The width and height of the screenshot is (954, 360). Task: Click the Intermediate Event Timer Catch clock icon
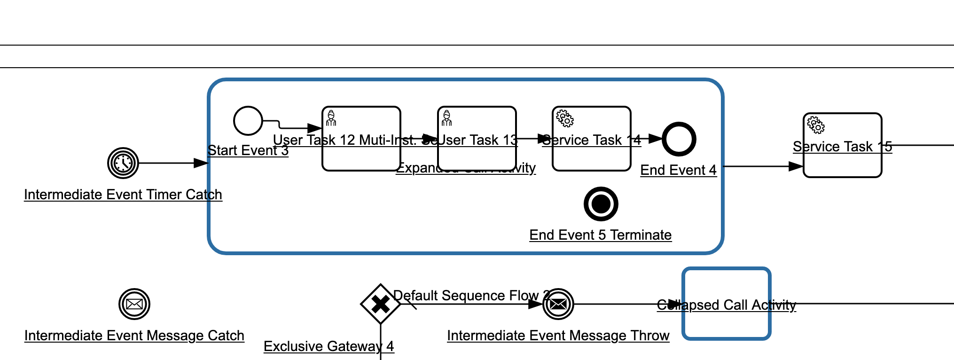[123, 163]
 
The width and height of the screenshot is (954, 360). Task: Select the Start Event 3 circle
[248, 121]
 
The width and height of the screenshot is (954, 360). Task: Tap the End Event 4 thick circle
[679, 139]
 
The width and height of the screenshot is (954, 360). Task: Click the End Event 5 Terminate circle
[601, 204]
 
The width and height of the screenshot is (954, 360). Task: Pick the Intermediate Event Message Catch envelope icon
[134, 304]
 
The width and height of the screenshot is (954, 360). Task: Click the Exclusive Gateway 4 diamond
[380, 304]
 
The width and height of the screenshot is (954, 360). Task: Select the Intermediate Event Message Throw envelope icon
[558, 304]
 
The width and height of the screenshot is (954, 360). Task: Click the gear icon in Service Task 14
[565, 118]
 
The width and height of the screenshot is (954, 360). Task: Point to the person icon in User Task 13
[447, 118]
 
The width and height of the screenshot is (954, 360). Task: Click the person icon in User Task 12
[331, 118]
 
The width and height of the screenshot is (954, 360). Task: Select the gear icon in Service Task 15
[816, 125]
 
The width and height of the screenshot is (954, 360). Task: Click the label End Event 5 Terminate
[600, 235]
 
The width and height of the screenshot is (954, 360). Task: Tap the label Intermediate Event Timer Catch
[123, 195]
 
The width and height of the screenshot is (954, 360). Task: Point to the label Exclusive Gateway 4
[328, 346]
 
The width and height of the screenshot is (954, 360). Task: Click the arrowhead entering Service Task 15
[797, 166]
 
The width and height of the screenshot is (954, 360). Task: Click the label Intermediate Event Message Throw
[558, 336]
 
